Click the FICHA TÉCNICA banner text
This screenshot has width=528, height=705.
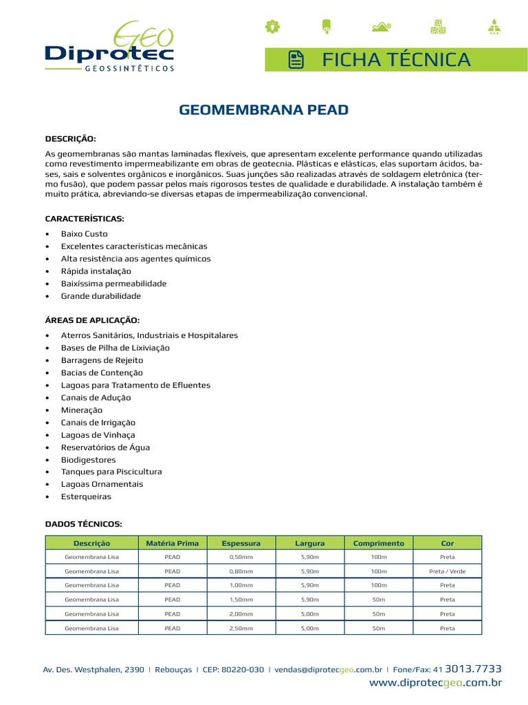(397, 60)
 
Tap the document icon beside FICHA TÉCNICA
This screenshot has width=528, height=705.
(296, 61)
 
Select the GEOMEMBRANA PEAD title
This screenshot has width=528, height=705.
(264, 109)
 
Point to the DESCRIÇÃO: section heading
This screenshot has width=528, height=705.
(70, 138)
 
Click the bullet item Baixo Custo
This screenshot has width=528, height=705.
(84, 234)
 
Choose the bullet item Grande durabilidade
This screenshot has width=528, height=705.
(100, 296)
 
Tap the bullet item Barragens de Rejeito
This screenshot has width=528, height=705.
(102, 360)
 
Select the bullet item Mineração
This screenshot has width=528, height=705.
(81, 410)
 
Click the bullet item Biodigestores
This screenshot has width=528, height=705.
(88, 460)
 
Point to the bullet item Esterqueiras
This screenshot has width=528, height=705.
(85, 496)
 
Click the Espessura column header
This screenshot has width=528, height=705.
(241, 543)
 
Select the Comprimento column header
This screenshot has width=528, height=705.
(379, 543)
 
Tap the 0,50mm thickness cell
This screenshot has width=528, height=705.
(241, 557)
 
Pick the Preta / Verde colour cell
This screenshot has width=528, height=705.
(447, 571)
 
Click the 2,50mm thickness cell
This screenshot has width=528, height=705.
(241, 628)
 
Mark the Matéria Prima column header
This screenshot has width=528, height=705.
(173, 543)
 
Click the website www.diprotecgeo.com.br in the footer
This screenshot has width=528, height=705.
(435, 683)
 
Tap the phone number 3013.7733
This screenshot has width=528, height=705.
(474, 669)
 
